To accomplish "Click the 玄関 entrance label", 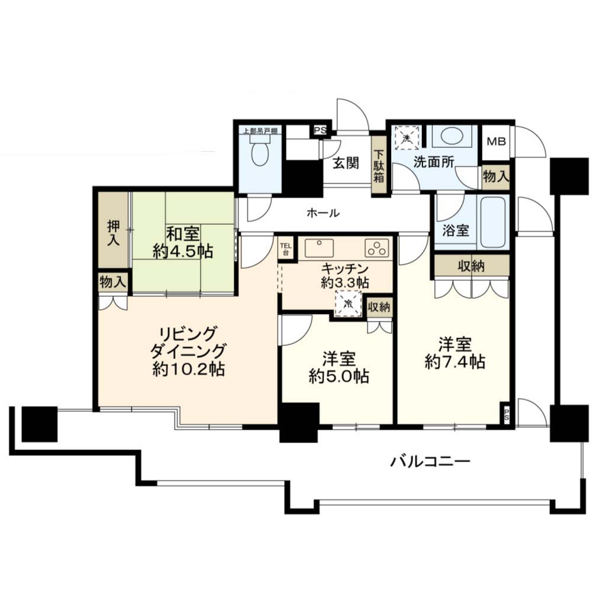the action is (x=346, y=163).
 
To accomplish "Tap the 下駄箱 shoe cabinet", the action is (x=379, y=165).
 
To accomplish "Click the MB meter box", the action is (x=496, y=142).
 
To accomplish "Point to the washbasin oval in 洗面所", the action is (x=451, y=137).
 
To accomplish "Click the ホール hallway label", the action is (x=323, y=212).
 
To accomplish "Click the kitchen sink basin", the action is (x=319, y=248).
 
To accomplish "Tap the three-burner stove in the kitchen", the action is (x=377, y=248).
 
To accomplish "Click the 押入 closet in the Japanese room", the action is (x=113, y=230).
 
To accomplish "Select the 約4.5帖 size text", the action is (x=183, y=252).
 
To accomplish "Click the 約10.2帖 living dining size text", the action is (x=189, y=369).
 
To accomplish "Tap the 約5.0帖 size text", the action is (x=339, y=376).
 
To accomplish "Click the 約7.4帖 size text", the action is (x=455, y=362).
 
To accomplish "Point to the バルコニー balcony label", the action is (x=430, y=461).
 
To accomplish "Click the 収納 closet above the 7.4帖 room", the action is (x=472, y=266).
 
